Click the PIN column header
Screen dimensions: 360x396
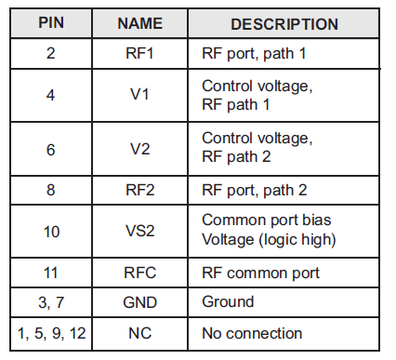point(50,22)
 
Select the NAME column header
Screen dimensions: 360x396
point(140,22)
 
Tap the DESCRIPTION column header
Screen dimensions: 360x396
point(284,22)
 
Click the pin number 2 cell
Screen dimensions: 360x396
point(50,54)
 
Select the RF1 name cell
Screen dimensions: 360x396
point(140,54)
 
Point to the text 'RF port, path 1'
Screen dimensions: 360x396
point(253,54)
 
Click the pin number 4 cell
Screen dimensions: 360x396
point(50,95)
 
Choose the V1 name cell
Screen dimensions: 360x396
point(140,95)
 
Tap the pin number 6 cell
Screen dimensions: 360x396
point(50,148)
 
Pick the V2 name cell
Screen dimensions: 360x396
point(140,148)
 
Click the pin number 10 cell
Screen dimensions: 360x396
point(50,231)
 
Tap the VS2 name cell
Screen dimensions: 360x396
point(140,231)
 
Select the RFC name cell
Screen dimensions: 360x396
point(140,273)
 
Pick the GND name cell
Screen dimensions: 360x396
point(140,302)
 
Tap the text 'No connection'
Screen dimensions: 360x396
point(251,332)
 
